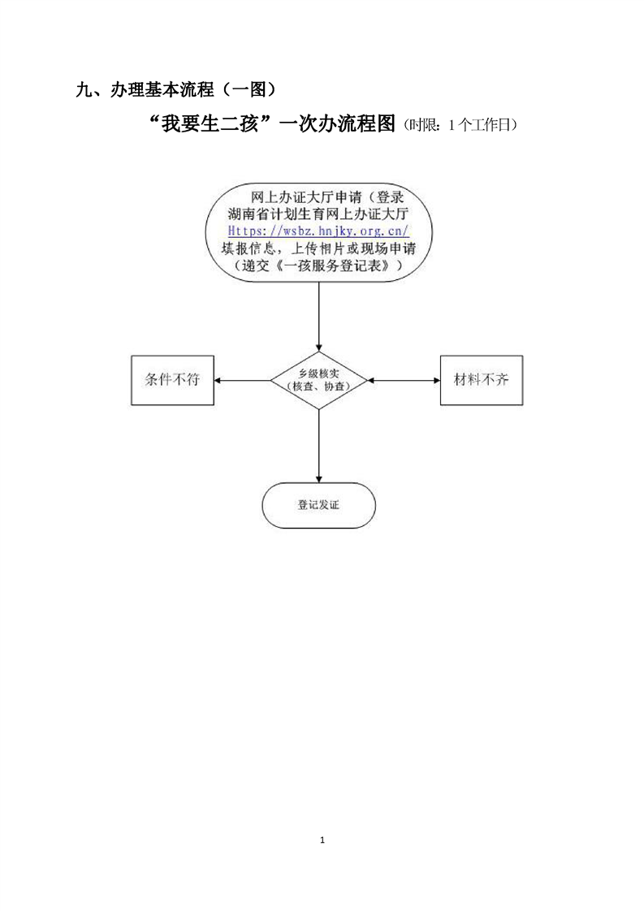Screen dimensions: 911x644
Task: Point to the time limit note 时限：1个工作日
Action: [x=460, y=126]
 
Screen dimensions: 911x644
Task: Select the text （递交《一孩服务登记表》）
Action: [x=318, y=266]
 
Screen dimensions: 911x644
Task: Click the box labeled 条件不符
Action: [x=172, y=380]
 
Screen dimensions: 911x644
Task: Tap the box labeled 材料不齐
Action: [x=481, y=380]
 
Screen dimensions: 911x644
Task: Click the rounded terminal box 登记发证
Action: [x=318, y=505]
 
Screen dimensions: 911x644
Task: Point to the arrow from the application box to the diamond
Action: [x=318, y=317]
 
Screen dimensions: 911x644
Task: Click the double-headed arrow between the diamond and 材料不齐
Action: [x=404, y=380]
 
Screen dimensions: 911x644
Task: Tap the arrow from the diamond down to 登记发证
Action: [x=318, y=446]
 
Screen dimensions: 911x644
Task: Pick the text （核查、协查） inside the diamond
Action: [x=318, y=387]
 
